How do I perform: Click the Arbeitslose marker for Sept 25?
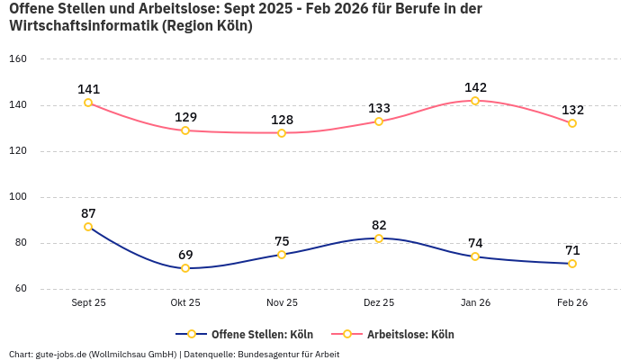pyautogui.click(x=88, y=103)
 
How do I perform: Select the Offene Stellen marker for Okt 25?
pyautogui.click(x=185, y=268)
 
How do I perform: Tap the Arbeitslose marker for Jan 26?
pyautogui.click(x=475, y=101)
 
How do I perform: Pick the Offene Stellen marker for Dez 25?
pyautogui.click(x=379, y=238)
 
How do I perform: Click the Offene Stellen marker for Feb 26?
pyautogui.click(x=572, y=264)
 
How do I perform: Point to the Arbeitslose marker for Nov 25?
pyautogui.click(x=282, y=133)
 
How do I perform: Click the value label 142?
pyautogui.click(x=475, y=87)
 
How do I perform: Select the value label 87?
pyautogui.click(x=88, y=213)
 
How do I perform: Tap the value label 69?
pyautogui.click(x=185, y=255)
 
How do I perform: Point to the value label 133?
pyautogui.click(x=379, y=108)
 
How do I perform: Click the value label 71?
pyautogui.click(x=572, y=250)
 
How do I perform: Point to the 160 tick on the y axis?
pyautogui.click(x=18, y=59)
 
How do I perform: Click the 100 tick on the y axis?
pyautogui.click(x=18, y=197)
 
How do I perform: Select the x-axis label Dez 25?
pyautogui.click(x=379, y=303)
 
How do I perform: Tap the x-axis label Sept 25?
pyautogui.click(x=88, y=303)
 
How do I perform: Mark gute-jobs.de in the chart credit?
pyautogui.click(x=61, y=354)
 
